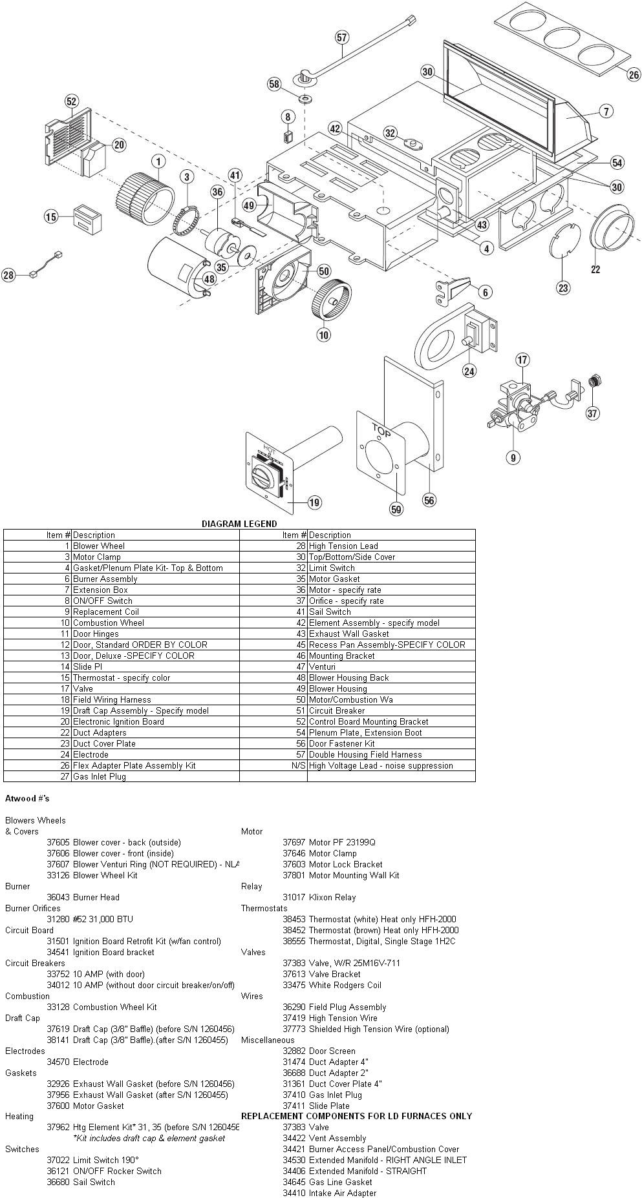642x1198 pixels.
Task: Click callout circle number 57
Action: coord(342,38)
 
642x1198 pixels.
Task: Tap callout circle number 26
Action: coord(634,74)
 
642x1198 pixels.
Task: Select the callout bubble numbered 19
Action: coord(315,502)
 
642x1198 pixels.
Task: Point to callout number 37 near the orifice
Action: coord(593,413)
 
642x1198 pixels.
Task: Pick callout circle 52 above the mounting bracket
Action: coord(71,101)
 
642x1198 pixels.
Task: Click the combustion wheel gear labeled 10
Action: coord(332,298)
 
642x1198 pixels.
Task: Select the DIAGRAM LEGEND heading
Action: coord(239,524)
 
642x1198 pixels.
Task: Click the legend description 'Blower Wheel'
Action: coord(99,546)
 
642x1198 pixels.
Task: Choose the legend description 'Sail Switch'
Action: coord(330,612)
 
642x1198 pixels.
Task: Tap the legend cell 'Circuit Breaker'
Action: coord(336,710)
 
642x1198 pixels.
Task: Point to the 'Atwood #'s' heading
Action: coord(27,799)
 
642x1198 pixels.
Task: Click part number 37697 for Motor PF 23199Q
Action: coord(294,842)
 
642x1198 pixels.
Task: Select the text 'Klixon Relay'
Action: coord(332,897)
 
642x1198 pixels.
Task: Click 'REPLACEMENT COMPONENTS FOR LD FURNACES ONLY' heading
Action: coord(356,1116)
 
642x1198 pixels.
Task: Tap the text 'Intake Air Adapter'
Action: coord(343,1193)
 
